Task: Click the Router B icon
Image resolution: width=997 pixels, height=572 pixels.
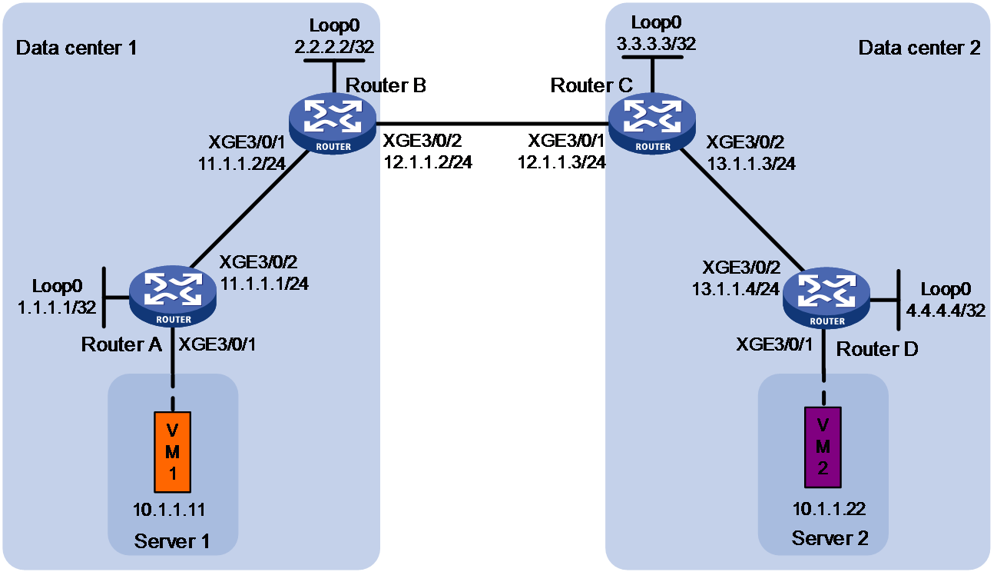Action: (x=333, y=124)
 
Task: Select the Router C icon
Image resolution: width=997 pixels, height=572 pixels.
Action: (x=652, y=124)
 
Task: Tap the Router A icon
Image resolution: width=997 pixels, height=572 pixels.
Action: (x=173, y=296)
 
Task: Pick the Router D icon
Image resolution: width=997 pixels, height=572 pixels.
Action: (x=826, y=298)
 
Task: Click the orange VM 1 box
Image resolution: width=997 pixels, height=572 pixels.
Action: (x=173, y=452)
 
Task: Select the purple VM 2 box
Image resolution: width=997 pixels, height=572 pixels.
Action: (x=823, y=447)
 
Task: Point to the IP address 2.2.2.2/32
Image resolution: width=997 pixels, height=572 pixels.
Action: (x=334, y=46)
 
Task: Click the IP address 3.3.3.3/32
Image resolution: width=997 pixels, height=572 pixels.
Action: (x=656, y=44)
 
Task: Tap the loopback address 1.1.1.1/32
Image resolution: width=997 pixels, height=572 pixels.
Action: (x=57, y=308)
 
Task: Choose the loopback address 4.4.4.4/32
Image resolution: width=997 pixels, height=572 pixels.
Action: (x=946, y=311)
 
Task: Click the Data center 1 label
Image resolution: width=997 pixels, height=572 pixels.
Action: (x=77, y=48)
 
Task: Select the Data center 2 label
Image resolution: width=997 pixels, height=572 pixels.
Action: (x=919, y=48)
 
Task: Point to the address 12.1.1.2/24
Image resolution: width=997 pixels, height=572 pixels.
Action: (x=428, y=162)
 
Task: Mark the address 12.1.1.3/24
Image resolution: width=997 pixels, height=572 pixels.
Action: (x=561, y=162)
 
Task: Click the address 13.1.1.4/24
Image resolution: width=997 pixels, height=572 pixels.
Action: (x=735, y=289)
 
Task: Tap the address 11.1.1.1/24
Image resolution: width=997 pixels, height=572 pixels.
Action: (x=264, y=284)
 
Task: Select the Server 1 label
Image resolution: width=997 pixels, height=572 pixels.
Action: (x=172, y=541)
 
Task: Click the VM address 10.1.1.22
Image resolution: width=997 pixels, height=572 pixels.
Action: (x=829, y=509)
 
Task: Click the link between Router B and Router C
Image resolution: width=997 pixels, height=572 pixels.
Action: (x=492, y=124)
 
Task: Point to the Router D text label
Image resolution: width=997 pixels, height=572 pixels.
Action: (x=877, y=349)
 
